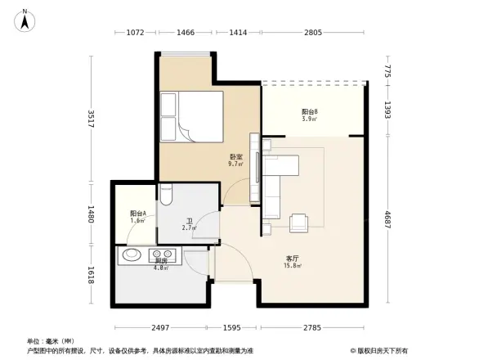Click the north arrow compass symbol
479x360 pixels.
coord(25,19)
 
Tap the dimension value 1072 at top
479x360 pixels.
coord(136,33)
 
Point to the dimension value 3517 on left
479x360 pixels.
coord(92,117)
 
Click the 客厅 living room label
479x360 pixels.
coord(291,259)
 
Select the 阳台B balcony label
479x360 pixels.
coord(309,112)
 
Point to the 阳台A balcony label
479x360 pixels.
coord(137,214)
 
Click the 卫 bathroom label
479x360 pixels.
coord(189,221)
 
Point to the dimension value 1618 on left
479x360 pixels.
coord(92,277)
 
